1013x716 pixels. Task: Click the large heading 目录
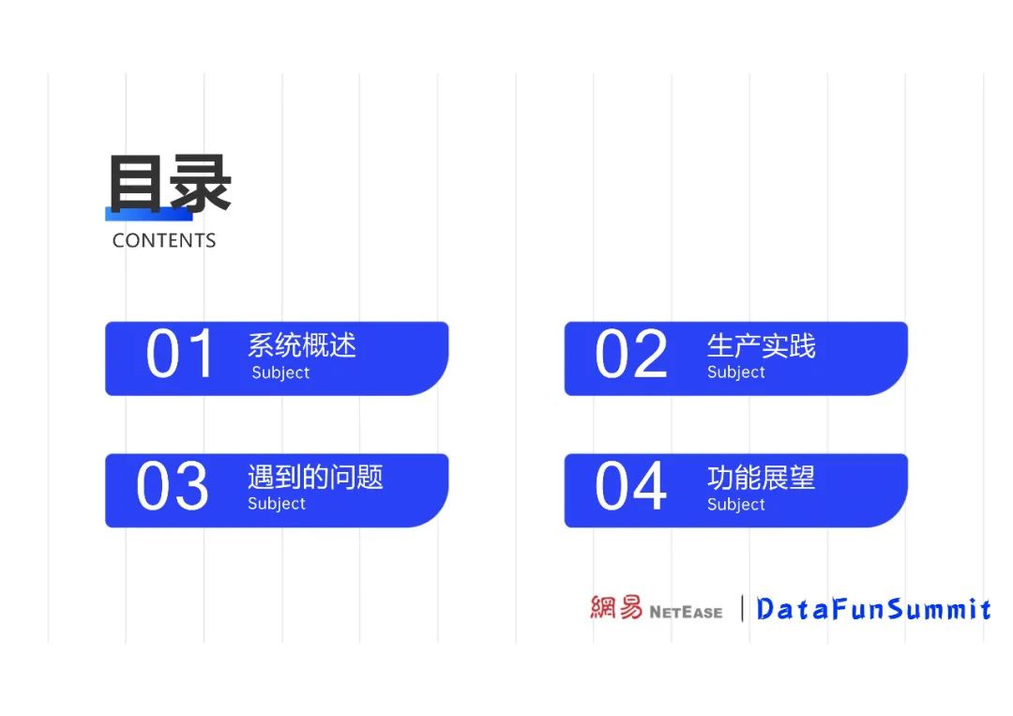pos(170,184)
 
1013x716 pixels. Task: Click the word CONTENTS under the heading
pos(164,240)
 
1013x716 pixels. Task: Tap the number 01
pos(181,355)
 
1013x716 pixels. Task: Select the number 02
pos(631,355)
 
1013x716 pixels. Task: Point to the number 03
pos(173,487)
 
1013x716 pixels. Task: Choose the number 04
pos(631,487)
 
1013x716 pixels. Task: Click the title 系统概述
pos(302,345)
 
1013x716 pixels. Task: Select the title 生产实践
pos(761,345)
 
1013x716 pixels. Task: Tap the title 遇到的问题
pos(315,477)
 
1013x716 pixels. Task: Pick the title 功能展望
pos(761,477)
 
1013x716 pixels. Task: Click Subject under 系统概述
pos(280,373)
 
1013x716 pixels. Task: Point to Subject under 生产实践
pos(736,373)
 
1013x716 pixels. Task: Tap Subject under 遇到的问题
pos(277,504)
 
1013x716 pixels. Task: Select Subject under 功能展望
pos(736,505)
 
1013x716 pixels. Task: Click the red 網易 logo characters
pos(616,608)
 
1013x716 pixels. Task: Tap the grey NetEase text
pos(686,612)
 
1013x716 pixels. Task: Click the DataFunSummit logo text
pos(873,609)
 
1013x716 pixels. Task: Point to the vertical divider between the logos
pos(742,608)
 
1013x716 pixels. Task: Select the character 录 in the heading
pos(200,184)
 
